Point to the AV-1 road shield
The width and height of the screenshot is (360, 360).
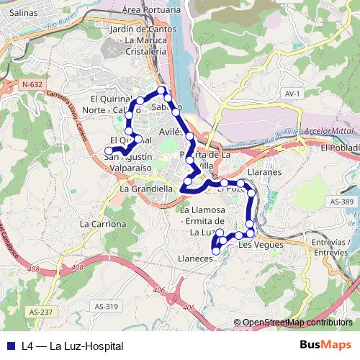pos(292,94)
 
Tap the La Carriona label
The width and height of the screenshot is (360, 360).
pos(103,224)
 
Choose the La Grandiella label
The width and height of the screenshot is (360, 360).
pos(146,189)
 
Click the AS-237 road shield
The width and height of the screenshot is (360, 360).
pos(42,311)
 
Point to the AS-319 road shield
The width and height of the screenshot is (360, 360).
pos(106,306)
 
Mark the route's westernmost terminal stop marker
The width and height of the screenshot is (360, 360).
pos(109,150)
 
